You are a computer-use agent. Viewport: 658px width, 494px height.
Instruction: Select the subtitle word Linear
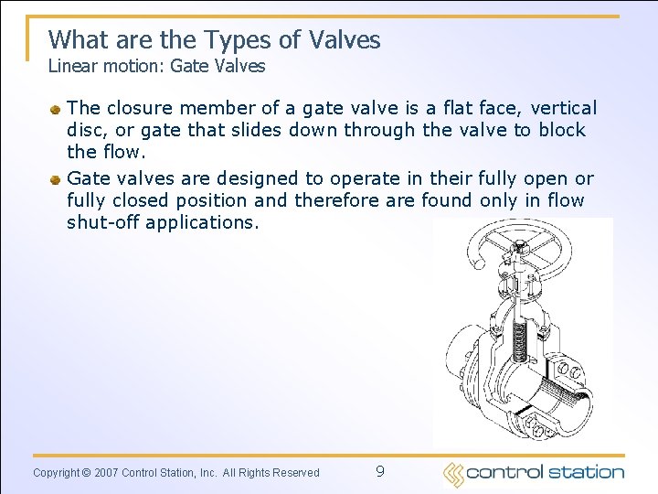(x=70, y=66)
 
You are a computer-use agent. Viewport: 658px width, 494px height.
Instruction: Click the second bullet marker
(x=56, y=179)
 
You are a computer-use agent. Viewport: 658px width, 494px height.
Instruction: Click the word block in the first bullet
(x=561, y=130)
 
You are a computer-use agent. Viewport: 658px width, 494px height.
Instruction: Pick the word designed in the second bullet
(x=252, y=178)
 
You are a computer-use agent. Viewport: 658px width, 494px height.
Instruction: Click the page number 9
(x=379, y=472)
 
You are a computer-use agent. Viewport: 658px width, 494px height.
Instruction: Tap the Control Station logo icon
(x=453, y=474)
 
